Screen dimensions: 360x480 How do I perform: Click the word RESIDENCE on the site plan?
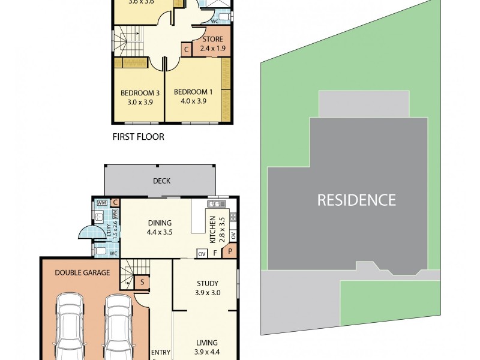tap(356, 200)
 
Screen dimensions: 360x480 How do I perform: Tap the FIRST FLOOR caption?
tap(139, 137)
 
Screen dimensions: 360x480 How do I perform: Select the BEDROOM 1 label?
tap(193, 92)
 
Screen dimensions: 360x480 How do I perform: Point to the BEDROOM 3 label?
tap(140, 93)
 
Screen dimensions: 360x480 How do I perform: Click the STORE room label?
tap(212, 40)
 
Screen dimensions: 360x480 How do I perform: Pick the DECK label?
tap(161, 181)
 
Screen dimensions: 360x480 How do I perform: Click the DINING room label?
tap(160, 223)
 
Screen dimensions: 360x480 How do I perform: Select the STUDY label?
tap(207, 284)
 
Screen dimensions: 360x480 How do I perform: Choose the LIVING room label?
tap(207, 343)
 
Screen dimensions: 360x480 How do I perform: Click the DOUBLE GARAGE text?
tap(82, 272)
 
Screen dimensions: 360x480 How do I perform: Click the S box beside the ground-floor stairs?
tap(142, 281)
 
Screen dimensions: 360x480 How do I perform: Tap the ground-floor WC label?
tap(112, 253)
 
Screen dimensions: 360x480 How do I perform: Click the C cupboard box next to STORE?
tap(187, 49)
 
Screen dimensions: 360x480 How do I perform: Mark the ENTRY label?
tap(160, 352)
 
